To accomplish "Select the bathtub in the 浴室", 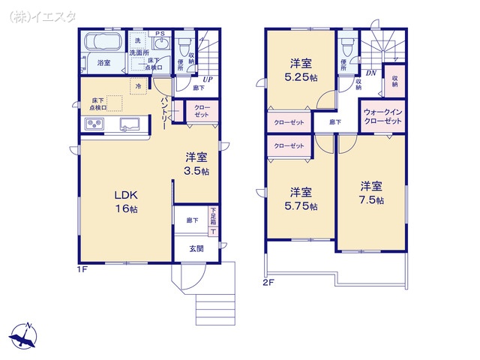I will pyautogui.click(x=103, y=42).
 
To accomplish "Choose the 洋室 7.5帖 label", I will pyautogui.click(x=370, y=193).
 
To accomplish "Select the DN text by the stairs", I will pyautogui.click(x=370, y=73).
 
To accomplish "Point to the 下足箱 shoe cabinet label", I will pyautogui.click(x=213, y=217).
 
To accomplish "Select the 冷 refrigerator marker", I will pyautogui.click(x=138, y=87).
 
